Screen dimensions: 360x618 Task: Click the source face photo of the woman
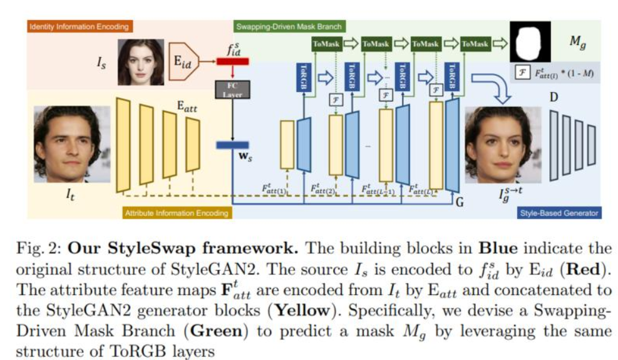click(x=136, y=63)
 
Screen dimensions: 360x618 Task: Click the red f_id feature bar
click(x=232, y=61)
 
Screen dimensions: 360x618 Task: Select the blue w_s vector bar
click(x=232, y=145)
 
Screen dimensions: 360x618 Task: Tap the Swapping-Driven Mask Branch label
click(x=289, y=27)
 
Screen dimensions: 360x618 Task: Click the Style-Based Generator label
click(x=559, y=213)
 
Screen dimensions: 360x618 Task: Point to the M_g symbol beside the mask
click(x=576, y=43)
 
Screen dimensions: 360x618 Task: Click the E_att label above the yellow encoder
click(x=185, y=108)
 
